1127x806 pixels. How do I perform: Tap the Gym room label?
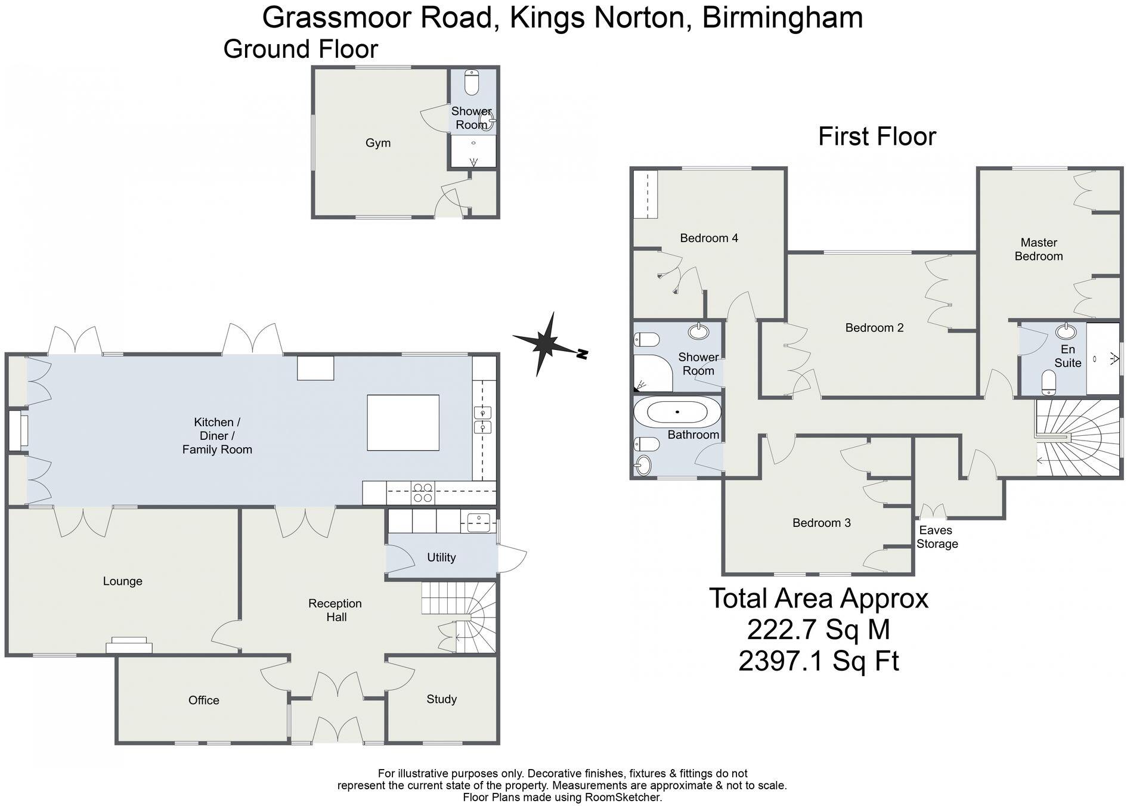tap(378, 143)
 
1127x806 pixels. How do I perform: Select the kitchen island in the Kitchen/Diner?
tap(403, 423)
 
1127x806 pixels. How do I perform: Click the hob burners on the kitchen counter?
tap(423, 492)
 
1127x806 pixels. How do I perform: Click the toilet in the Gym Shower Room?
tap(472, 83)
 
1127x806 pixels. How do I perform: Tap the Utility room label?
tap(441, 557)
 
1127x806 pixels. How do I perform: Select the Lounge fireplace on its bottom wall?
tap(129, 645)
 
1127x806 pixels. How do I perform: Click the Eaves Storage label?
tap(937, 537)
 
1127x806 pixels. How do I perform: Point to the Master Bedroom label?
tap(1038, 249)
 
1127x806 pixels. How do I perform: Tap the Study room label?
tap(441, 699)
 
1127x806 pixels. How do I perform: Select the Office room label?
tap(203, 700)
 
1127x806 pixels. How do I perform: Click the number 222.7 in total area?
tap(780, 630)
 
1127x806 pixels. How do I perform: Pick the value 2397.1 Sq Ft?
tap(818, 661)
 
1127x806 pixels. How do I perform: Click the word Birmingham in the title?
tap(782, 17)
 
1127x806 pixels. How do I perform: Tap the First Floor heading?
tap(877, 137)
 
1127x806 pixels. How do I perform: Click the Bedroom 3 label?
tap(821, 523)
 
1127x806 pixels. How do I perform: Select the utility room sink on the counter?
tap(478, 522)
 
